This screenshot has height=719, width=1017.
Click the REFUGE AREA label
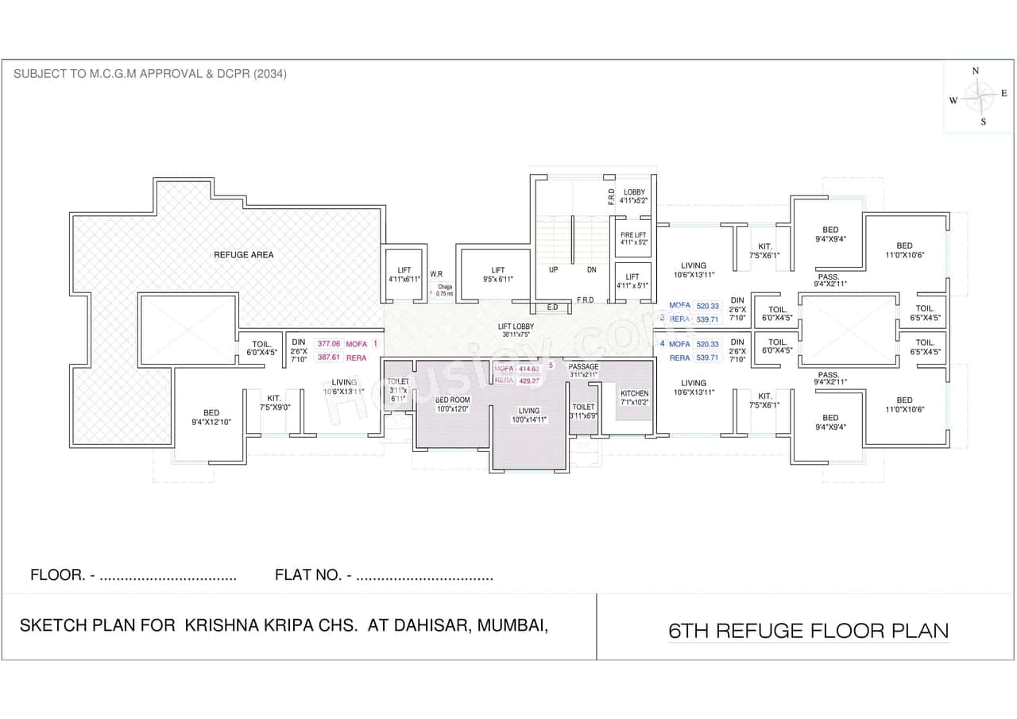coord(243,254)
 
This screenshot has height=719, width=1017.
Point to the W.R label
coord(436,274)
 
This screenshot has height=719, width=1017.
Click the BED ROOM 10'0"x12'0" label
coord(452,404)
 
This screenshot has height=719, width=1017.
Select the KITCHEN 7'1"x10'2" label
coord(634,397)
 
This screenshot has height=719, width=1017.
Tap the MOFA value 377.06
coord(327,344)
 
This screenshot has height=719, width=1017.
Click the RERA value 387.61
coord(327,358)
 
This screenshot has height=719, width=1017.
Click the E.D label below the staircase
coord(551,307)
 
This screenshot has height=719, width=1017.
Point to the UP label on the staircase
coord(553,269)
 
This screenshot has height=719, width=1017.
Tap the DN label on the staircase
coord(591,269)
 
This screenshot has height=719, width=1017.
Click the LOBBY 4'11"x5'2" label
coord(634,196)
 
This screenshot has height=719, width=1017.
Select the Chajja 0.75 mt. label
coord(445,290)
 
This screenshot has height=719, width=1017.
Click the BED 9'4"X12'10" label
coord(211,417)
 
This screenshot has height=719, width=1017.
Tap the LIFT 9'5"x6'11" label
coord(497,275)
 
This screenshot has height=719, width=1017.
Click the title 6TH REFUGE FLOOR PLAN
coord(808,631)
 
